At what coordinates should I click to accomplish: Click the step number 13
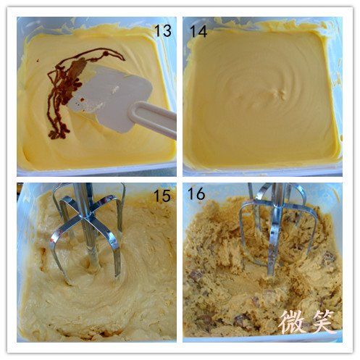163,30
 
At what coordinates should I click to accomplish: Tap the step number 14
198,31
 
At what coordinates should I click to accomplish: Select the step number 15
162,196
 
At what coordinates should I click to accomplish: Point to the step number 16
196,193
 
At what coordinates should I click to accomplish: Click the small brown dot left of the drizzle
38,60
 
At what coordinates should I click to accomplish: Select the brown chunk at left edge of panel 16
196,276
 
